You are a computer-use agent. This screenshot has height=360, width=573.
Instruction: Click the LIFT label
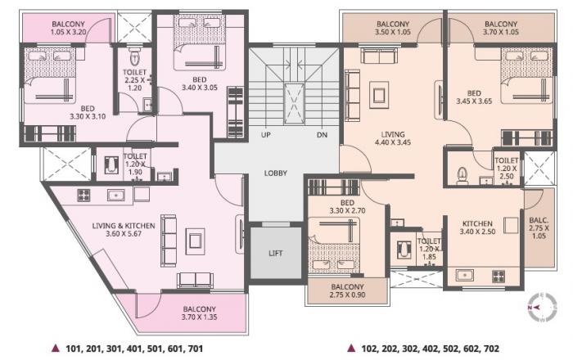click(276, 253)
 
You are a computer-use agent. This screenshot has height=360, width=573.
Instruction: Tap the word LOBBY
click(276, 173)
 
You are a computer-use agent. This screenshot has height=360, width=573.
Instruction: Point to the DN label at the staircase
click(322, 135)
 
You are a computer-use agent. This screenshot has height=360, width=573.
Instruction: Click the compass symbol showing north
click(541, 307)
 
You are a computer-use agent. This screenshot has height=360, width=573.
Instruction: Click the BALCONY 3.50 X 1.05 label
click(393, 29)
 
